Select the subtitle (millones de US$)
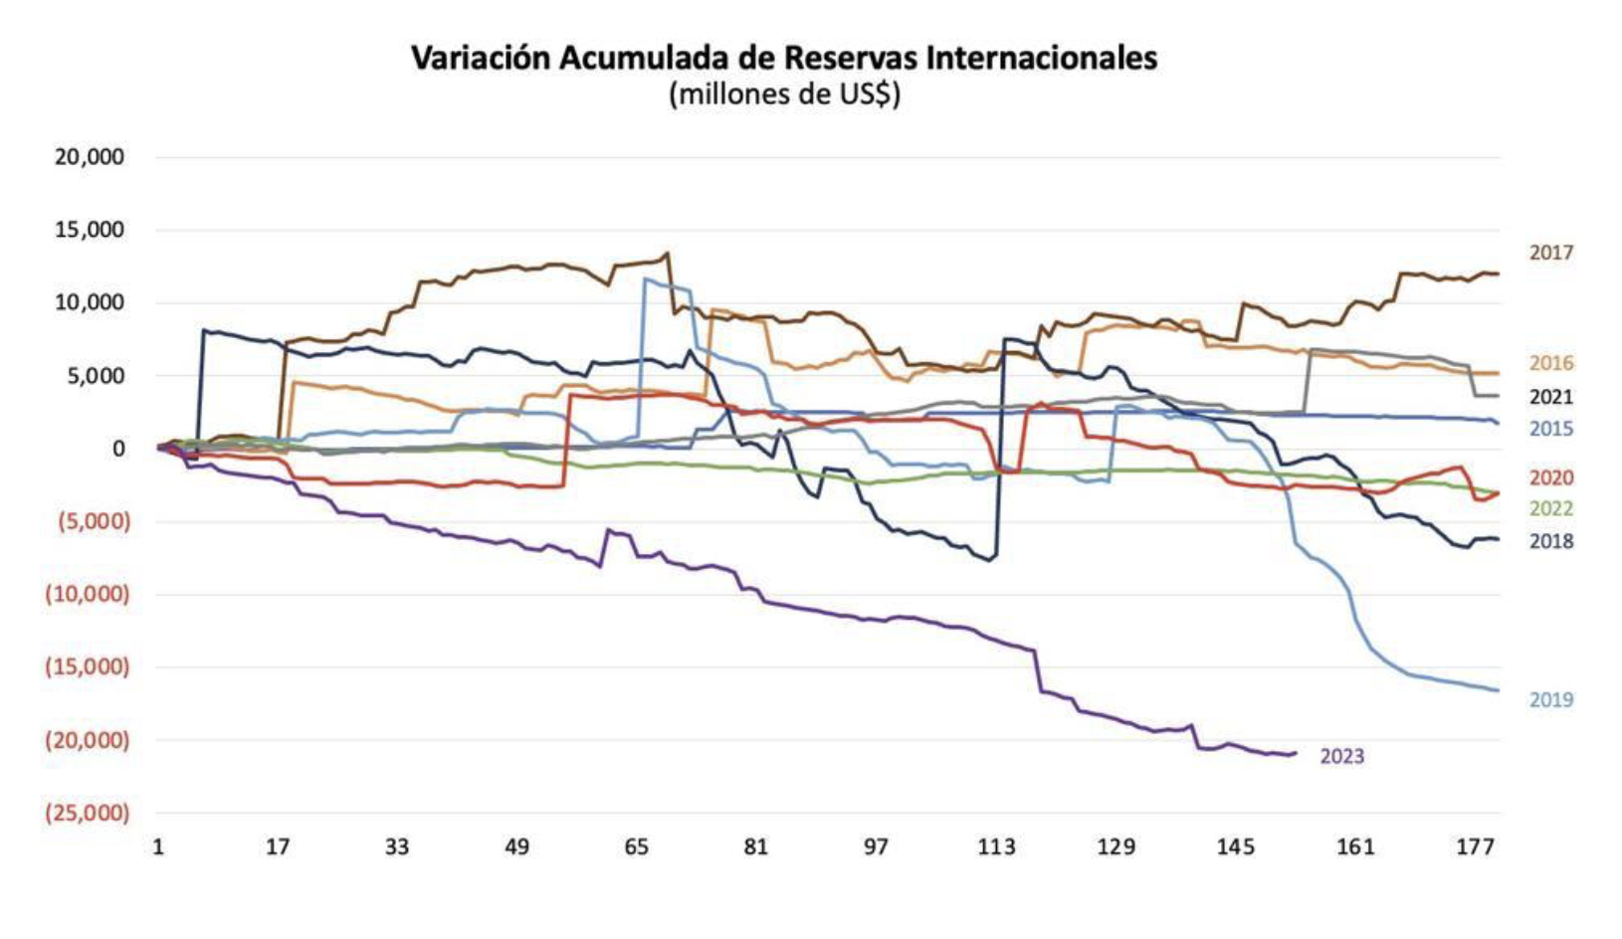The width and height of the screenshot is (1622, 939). coord(784,94)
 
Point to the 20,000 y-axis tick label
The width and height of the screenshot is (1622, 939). coord(90,157)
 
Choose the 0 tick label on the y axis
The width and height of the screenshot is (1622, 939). coord(118,449)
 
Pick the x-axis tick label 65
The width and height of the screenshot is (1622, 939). coord(636,847)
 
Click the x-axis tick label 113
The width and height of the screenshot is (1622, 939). coord(996,847)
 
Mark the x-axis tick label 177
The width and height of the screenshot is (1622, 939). coord(1475,847)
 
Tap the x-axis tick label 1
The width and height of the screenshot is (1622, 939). coord(158,847)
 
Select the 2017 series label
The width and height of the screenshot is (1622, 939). coord(1551,253)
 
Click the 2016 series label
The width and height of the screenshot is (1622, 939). coord(1551,363)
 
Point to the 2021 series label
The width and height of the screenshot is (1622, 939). coord(1551,397)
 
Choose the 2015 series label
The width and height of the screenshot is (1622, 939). coord(1551,429)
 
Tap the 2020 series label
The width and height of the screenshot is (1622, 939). coord(1551,477)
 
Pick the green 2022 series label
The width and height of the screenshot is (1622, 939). coord(1551,509)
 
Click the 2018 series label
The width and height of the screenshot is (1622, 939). coord(1551,541)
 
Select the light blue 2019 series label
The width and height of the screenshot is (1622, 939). coord(1551,699)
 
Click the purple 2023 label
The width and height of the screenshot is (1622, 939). coord(1341,757)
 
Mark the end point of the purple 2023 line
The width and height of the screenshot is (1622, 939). coord(1296,753)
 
